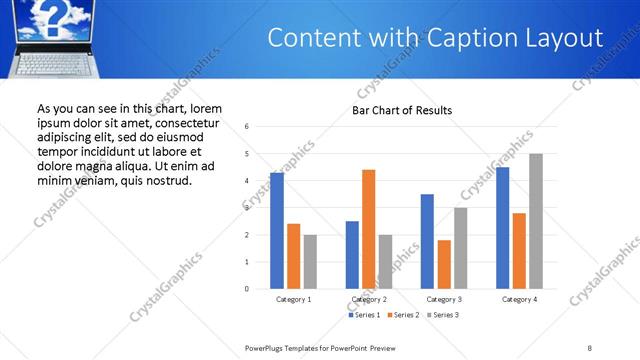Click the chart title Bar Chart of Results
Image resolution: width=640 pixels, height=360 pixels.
click(402, 110)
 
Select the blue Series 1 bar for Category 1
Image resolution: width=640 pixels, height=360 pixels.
click(277, 231)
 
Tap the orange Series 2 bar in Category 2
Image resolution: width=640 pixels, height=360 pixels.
click(369, 229)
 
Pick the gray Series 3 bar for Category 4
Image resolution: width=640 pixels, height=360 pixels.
click(536, 221)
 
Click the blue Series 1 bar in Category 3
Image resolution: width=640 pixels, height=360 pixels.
click(427, 241)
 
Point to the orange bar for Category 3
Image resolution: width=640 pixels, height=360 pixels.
click(444, 264)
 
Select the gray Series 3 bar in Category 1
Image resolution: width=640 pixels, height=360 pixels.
click(310, 261)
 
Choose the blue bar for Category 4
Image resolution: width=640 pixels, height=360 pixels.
click(503, 228)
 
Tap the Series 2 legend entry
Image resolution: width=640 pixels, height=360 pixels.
click(402, 315)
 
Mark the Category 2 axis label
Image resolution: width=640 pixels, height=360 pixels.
click(369, 299)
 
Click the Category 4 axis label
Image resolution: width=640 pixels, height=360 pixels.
click(519, 299)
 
